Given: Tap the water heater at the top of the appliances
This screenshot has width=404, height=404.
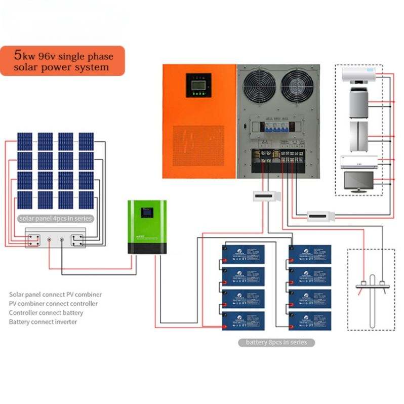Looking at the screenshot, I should click(359, 75).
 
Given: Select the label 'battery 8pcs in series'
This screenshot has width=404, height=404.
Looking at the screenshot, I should click(276, 342).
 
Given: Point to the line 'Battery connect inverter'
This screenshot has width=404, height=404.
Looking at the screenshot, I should click(43, 322).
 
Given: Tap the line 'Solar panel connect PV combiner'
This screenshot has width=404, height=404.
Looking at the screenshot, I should click(55, 294).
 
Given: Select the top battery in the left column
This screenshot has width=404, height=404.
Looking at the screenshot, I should click(243, 254).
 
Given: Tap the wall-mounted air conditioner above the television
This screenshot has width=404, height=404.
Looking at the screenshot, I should click(358, 161).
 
